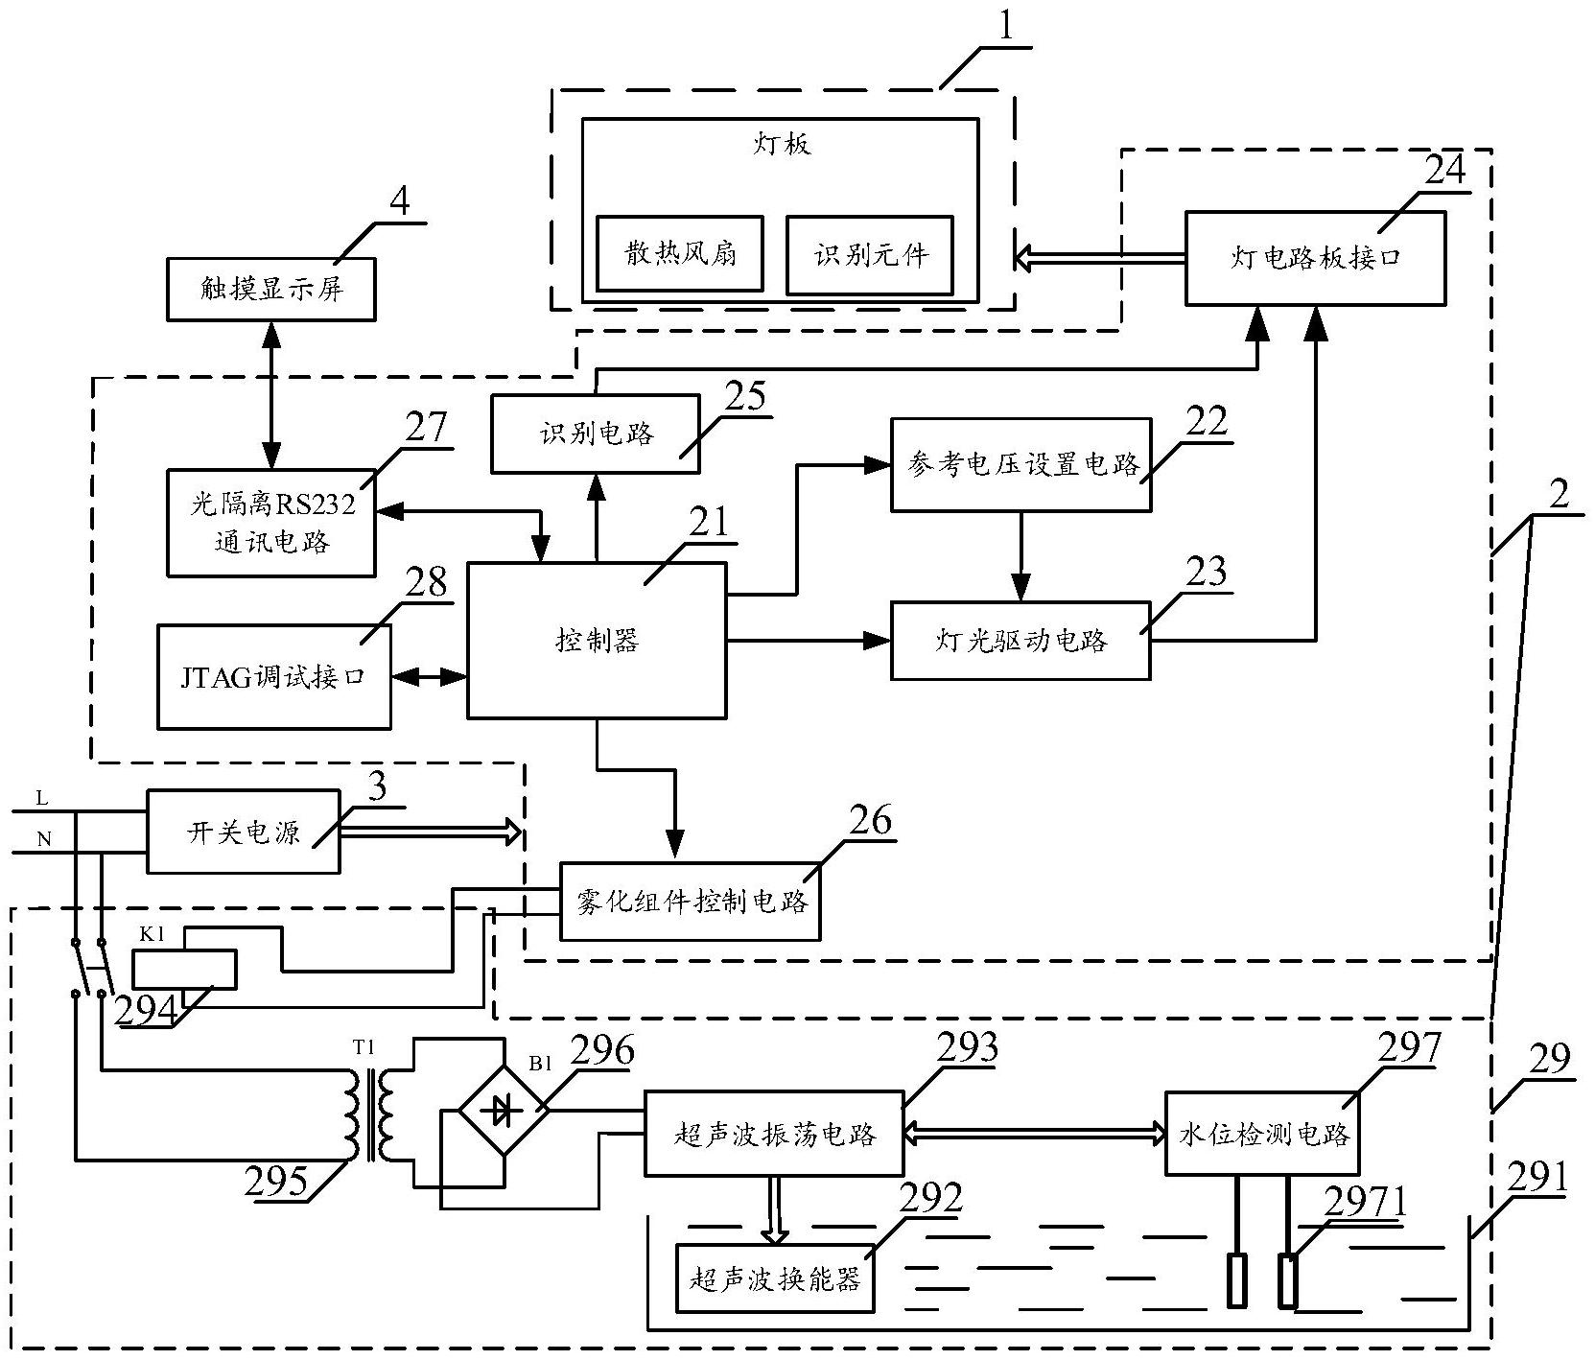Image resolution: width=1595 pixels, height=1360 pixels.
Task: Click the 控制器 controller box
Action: tap(596, 640)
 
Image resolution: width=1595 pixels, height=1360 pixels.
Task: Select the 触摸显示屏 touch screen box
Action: tap(270, 289)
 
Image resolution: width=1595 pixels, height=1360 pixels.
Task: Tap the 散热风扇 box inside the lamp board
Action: tap(679, 254)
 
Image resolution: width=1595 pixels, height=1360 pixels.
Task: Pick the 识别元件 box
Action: tap(869, 254)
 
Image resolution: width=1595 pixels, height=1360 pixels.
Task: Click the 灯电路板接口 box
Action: tap(1314, 259)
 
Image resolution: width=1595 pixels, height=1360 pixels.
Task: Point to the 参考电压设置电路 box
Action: tap(1020, 465)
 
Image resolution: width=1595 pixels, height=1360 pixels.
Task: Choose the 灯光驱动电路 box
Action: tap(1020, 641)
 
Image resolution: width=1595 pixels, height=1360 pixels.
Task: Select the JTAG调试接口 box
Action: tap(273, 677)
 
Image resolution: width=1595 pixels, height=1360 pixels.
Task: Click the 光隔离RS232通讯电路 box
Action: tap(270, 523)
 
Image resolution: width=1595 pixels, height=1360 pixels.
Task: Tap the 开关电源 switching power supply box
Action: tap(243, 832)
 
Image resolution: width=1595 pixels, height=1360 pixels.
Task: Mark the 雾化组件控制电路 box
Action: tap(691, 902)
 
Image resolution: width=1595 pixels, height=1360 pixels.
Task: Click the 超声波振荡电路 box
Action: tap(773, 1134)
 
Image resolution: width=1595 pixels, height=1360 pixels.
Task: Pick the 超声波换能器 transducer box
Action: tap(775, 1278)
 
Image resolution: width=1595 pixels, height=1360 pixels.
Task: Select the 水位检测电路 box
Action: tap(1262, 1134)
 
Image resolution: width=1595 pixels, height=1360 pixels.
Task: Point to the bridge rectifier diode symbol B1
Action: tap(504, 1111)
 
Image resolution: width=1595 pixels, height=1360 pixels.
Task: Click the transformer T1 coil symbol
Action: tap(372, 1114)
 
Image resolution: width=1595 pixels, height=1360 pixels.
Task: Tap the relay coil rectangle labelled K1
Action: tap(184, 969)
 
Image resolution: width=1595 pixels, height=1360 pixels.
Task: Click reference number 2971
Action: tap(1366, 1201)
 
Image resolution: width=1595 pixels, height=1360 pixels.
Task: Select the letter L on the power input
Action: tap(41, 798)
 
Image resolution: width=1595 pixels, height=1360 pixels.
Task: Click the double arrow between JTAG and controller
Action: tap(429, 677)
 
